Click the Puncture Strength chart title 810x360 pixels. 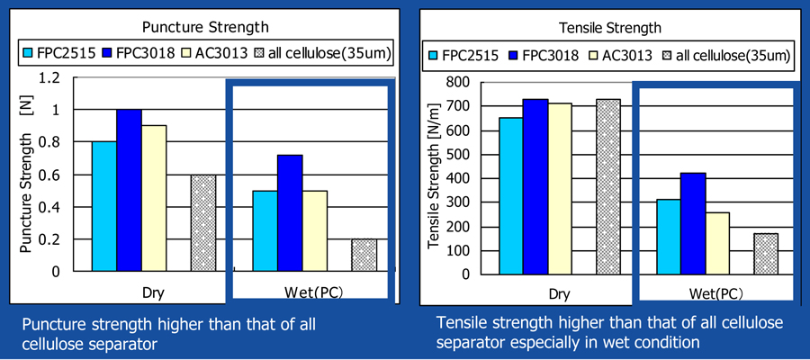point(205,26)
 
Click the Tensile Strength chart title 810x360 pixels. point(610,28)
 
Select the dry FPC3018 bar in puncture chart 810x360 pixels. point(129,190)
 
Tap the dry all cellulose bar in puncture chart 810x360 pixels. point(203,223)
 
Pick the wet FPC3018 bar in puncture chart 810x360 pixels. point(290,212)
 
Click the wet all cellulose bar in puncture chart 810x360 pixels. point(364,256)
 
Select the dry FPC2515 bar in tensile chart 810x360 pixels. point(511,196)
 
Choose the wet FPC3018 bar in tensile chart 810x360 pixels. point(693,223)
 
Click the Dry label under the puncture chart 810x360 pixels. point(153,292)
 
